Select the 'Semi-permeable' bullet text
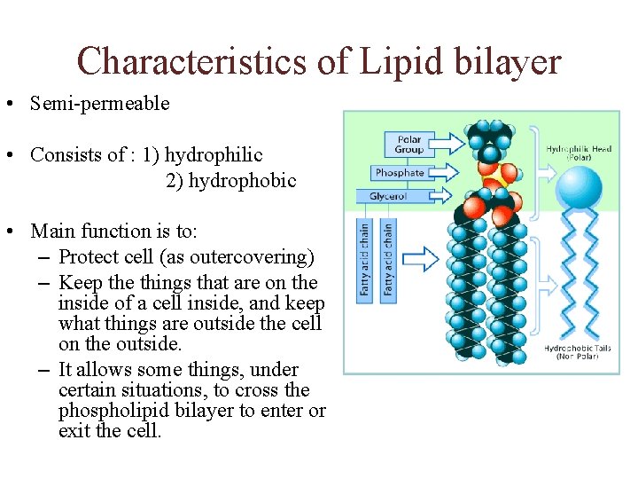pos(99,103)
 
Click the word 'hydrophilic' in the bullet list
pos(214,154)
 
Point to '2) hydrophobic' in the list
pos(230,180)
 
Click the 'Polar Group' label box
pos(408,144)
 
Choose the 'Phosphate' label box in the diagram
pos(400,173)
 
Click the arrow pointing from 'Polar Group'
pos(452,143)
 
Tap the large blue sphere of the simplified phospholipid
pos(581,186)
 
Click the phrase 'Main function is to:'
pos(114,232)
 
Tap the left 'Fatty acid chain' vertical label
pos(363,259)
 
